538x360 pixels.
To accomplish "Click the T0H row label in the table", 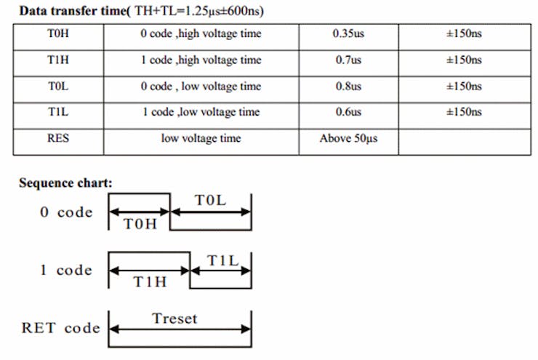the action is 58,33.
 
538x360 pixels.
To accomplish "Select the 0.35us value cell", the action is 348,33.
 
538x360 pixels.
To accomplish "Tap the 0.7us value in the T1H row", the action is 348,60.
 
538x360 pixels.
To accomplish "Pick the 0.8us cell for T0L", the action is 348,86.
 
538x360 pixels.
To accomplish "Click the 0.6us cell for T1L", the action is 348,111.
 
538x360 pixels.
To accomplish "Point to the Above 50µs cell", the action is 348,138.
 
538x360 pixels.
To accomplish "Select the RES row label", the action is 58,138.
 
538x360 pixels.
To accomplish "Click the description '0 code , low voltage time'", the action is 201,86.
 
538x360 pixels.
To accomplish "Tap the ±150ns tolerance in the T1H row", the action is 464,60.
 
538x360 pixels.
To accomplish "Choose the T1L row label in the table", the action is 58,111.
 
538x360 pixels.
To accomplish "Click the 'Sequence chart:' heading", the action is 65,183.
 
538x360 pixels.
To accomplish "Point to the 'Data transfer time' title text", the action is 73,11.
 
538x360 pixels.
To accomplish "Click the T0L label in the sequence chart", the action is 210,200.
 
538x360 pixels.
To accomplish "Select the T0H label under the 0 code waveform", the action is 140,224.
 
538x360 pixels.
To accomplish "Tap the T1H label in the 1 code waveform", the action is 150,281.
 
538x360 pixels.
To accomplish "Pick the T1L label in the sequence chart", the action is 222,260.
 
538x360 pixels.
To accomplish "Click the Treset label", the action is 174,319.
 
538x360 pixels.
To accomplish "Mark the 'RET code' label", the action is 61,328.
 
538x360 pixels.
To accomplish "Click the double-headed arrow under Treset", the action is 180,329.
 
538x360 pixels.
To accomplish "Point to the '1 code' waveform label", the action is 66,270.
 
